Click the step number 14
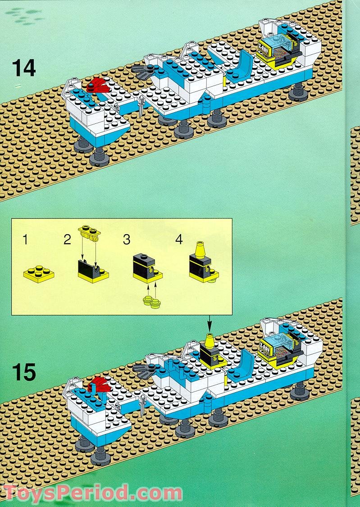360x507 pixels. [x=24, y=68]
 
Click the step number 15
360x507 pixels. [x=24, y=373]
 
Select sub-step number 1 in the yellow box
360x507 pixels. [x=25, y=240]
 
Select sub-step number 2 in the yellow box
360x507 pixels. [x=67, y=240]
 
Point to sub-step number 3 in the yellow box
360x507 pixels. [x=127, y=240]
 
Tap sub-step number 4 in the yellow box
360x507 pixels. [x=179, y=240]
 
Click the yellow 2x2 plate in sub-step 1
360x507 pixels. [x=38, y=273]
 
